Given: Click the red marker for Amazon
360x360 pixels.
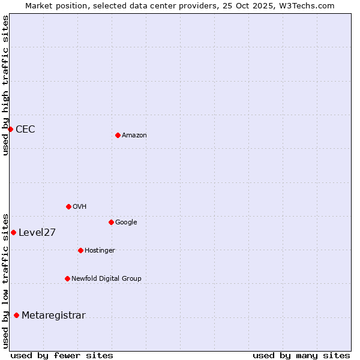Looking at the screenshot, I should click(118, 135).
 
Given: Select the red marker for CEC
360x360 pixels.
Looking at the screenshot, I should click(10, 129).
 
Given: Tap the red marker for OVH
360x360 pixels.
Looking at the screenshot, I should click(68, 206).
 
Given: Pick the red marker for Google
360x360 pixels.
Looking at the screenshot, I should click(111, 222).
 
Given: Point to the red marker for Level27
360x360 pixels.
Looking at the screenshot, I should click(13, 232).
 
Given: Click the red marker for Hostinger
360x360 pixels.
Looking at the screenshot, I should click(80, 250).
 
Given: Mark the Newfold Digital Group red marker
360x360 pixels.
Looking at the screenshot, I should click(67, 278).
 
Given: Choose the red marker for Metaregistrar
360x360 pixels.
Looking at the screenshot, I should click(16, 315).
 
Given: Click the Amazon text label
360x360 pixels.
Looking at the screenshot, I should click(134, 136).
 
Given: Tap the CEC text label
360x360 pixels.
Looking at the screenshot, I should click(25, 129).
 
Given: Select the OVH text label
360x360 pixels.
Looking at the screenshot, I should click(80, 207).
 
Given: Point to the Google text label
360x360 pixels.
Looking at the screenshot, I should click(126, 223).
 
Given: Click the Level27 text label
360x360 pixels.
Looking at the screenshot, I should click(37, 233).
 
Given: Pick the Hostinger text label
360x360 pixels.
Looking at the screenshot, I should click(100, 251).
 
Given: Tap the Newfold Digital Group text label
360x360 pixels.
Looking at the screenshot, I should click(106, 279).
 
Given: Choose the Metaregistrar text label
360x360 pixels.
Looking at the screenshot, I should click(53, 316).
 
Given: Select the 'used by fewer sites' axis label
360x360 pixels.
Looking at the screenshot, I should click(62, 355).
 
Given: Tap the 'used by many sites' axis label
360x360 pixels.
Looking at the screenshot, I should click(301, 355).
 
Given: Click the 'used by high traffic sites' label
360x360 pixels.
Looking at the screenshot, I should click(5, 85).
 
